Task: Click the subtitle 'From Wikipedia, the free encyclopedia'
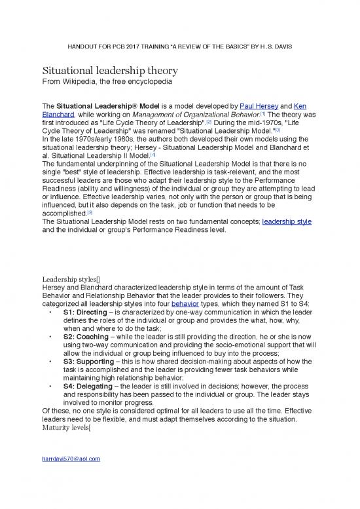click(107, 83)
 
